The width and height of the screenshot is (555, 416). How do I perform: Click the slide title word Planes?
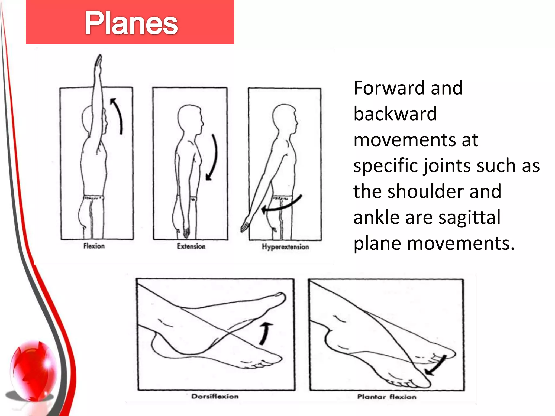[x=131, y=23]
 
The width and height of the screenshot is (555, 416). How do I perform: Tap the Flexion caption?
[x=94, y=246]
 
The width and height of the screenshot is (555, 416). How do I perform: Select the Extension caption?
[x=191, y=246]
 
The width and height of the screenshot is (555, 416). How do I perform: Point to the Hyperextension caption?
[x=285, y=247]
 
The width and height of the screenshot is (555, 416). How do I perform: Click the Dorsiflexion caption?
[x=215, y=396]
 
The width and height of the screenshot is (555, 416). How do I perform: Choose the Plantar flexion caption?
[x=386, y=397]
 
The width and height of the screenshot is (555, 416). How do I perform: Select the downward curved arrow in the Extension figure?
[x=213, y=157]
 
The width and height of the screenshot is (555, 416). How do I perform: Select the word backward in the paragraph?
[x=395, y=113]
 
